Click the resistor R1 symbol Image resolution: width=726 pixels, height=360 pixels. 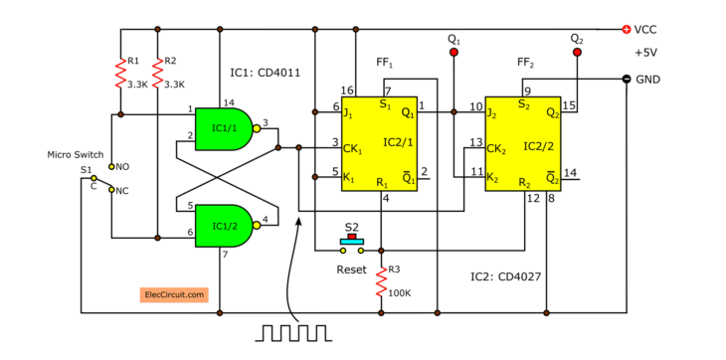pos(119,75)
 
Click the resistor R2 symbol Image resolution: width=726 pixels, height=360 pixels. pos(158,75)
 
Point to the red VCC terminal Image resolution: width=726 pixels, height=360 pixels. pos(626,30)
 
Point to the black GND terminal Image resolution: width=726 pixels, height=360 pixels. pos(626,80)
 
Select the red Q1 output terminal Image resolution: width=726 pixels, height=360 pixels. pos(453,52)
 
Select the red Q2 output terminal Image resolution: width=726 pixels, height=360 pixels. pos(577,52)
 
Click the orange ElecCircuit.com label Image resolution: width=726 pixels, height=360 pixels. pos(173,294)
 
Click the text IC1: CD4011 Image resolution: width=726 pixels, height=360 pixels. pos(265,73)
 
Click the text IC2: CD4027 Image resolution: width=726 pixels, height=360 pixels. pos(506,275)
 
